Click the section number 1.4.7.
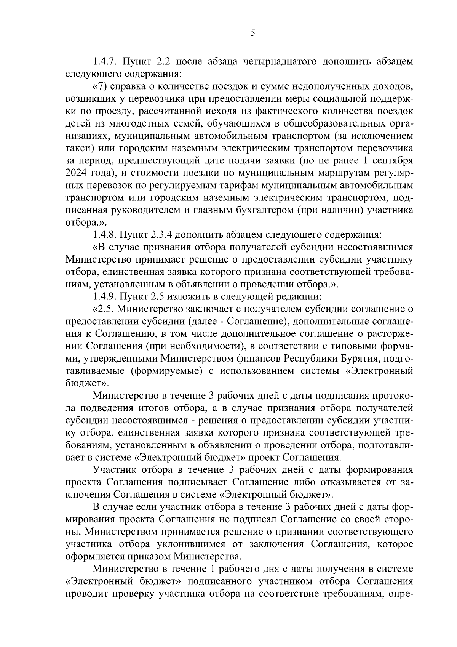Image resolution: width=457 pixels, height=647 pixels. (107, 61)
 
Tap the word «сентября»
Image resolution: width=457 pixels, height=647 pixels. (393, 160)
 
